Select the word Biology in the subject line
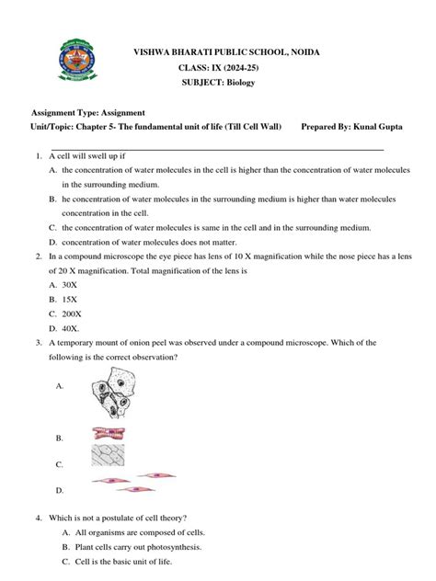coord(238,82)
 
